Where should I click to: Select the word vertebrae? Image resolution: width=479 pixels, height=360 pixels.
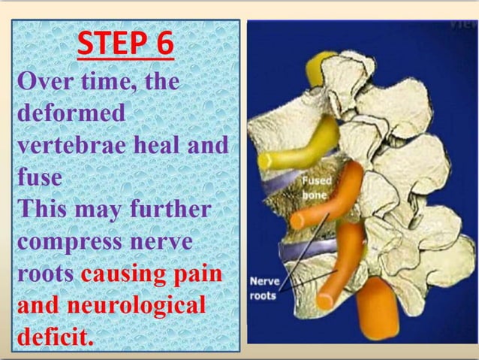tap(71, 146)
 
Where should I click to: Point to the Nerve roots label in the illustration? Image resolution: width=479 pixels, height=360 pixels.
tap(264, 289)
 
